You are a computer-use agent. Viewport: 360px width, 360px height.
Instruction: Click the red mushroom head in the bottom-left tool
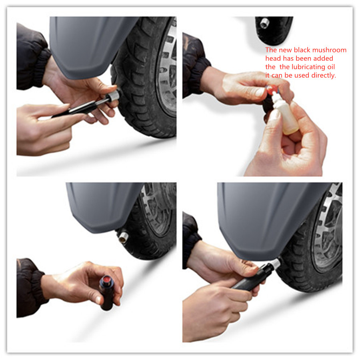click(x=107, y=279)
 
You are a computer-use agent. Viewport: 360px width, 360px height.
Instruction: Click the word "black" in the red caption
click(x=303, y=50)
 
